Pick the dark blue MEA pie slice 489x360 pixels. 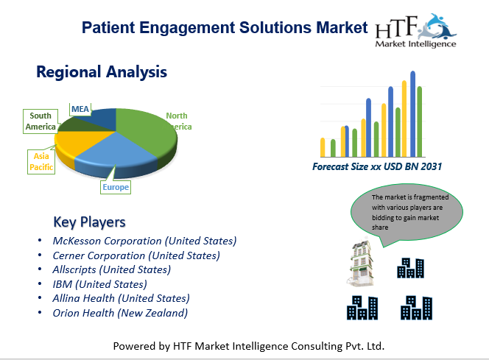click(100, 118)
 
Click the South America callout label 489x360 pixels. click(41, 121)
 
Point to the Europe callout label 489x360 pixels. click(116, 187)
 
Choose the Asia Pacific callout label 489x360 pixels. click(41, 162)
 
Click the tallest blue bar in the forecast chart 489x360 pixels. click(413, 114)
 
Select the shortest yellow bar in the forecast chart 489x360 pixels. click(323, 147)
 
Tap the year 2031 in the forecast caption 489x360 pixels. click(432, 167)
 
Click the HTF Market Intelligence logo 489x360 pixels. click(415, 30)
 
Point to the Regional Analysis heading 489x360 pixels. click(102, 72)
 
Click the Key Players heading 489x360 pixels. click(90, 222)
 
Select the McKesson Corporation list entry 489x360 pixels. click(144, 241)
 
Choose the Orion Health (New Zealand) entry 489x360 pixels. click(120, 313)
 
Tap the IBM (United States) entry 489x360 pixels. click(100, 284)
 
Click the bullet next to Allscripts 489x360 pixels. click(40, 269)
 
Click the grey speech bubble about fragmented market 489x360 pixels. click(407, 212)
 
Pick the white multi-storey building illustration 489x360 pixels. click(361, 264)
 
